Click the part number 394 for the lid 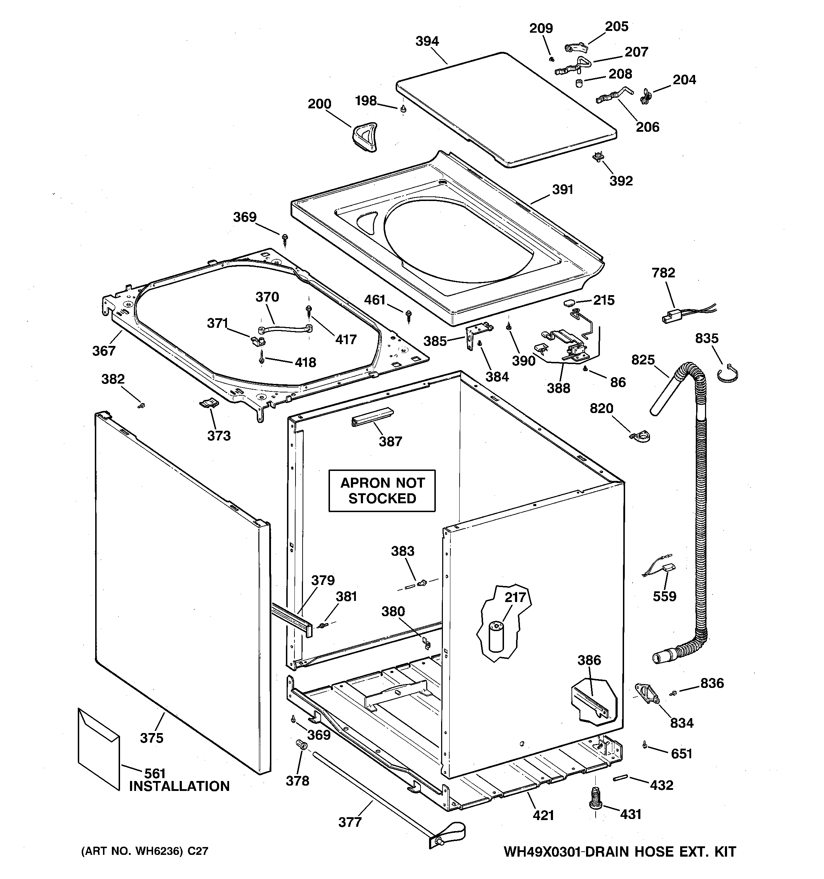(427, 42)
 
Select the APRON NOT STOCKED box (382, 490)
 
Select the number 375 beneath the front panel (152, 738)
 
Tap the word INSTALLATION (179, 786)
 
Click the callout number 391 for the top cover (562, 190)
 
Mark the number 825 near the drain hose (643, 360)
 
